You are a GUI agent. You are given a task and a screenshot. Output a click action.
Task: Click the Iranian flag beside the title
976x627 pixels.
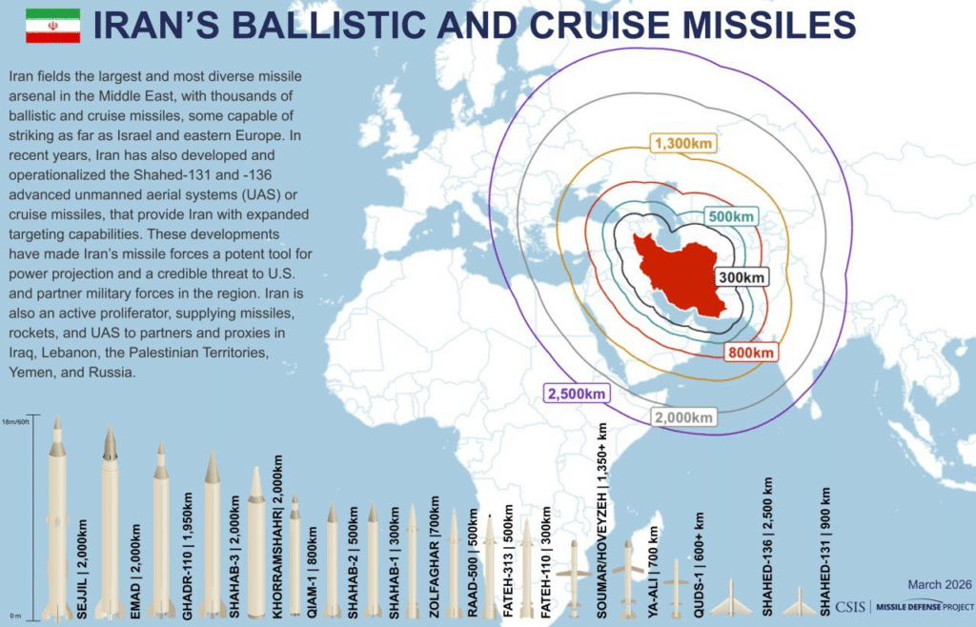click(x=51, y=26)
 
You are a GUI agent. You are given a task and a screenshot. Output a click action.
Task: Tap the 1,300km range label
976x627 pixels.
click(x=683, y=144)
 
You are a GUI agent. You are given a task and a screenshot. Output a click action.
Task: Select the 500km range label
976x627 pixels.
click(x=732, y=216)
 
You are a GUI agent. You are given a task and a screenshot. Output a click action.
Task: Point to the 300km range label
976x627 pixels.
click(x=742, y=277)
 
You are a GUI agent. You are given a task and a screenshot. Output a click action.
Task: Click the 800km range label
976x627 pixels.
click(x=752, y=352)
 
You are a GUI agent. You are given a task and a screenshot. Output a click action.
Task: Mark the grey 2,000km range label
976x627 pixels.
click(x=683, y=417)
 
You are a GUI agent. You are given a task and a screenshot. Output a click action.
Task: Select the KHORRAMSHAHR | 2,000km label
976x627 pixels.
click(x=277, y=537)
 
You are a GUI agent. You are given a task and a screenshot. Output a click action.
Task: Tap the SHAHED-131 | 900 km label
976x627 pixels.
click(x=825, y=553)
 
